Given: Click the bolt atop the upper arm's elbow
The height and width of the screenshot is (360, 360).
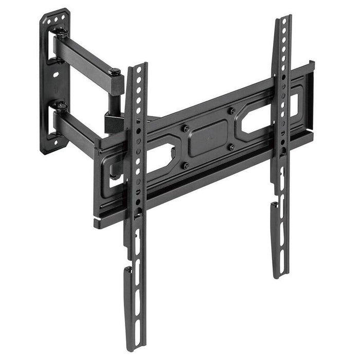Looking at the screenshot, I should [116, 71].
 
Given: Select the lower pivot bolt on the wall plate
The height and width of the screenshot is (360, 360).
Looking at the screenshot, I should [61, 106].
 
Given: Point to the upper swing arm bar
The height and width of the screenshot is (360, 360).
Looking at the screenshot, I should [85, 58].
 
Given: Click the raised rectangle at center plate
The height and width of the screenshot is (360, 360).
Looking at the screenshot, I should [208, 138].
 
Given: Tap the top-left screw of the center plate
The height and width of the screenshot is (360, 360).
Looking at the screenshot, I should [186, 128].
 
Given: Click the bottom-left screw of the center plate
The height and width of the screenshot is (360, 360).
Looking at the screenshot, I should [186, 165].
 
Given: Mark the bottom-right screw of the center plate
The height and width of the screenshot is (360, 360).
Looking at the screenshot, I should [231, 147].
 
